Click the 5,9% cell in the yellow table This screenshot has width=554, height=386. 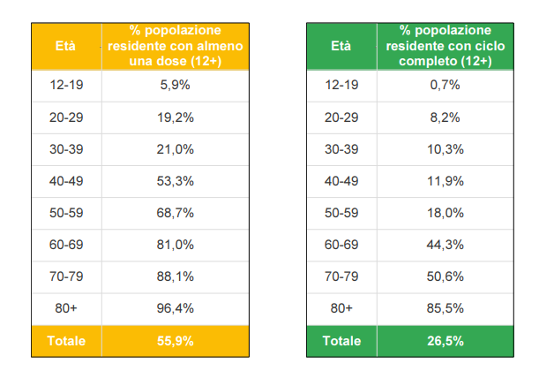[175, 86]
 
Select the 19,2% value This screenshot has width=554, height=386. [175, 117]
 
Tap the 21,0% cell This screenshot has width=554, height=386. [175, 149]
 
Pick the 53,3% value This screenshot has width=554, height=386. [175, 181]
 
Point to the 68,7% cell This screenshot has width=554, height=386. [175, 213]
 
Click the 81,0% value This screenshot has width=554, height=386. [175, 245]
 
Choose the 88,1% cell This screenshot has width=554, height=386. [175, 276]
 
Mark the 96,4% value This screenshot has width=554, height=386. [175, 308]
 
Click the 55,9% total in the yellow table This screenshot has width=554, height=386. [175, 341]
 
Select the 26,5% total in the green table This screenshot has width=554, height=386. [445, 341]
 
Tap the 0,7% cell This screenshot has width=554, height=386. [445, 86]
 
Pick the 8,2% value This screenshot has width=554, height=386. [445, 117]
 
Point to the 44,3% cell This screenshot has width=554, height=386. [445, 245]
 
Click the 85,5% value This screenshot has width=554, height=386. [445, 308]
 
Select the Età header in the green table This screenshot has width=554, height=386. [341, 46]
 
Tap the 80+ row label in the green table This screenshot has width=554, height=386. [341, 308]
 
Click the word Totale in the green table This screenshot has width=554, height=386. [341, 341]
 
